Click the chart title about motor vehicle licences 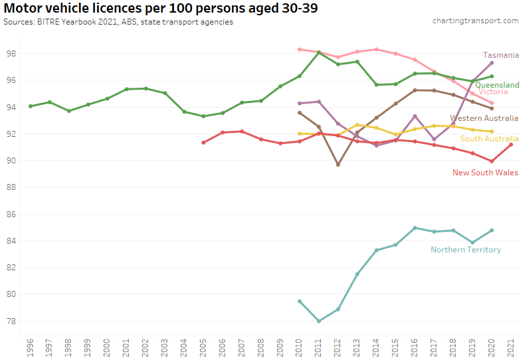tap(159, 9)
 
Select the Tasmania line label tap(501, 55)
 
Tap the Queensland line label tap(497, 85)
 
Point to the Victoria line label tap(493, 92)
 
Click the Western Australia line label tap(484, 118)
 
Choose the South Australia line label tap(488, 138)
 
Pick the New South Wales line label tap(485, 173)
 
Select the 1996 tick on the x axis tap(31, 348)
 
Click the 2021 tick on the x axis tap(510, 348)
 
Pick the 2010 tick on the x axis tap(300, 348)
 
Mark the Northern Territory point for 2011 tap(319, 321)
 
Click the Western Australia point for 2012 tap(338, 164)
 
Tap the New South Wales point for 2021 tap(510, 144)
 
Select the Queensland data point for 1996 tap(31, 106)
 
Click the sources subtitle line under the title tap(118, 21)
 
